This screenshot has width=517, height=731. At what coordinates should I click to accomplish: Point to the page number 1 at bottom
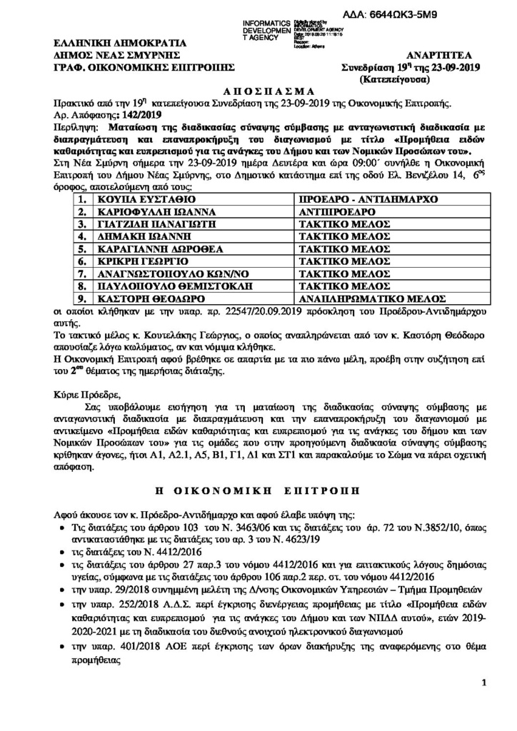click(484, 702)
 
